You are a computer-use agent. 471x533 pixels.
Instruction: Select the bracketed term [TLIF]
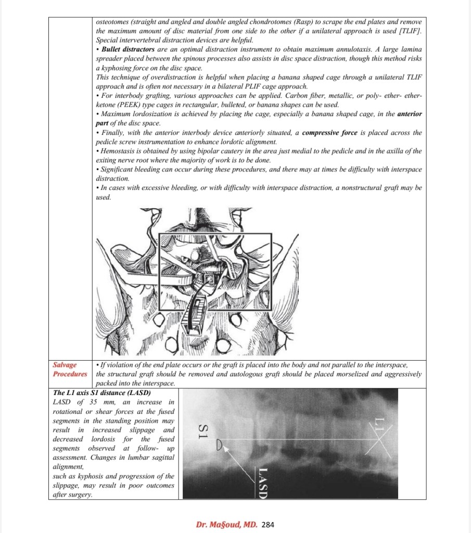pyautogui.click(x=411, y=31)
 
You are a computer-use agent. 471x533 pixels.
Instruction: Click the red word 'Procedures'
pyautogui.click(x=70, y=374)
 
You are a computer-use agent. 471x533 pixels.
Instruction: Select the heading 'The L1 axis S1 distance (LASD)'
pyautogui.click(x=102, y=392)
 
